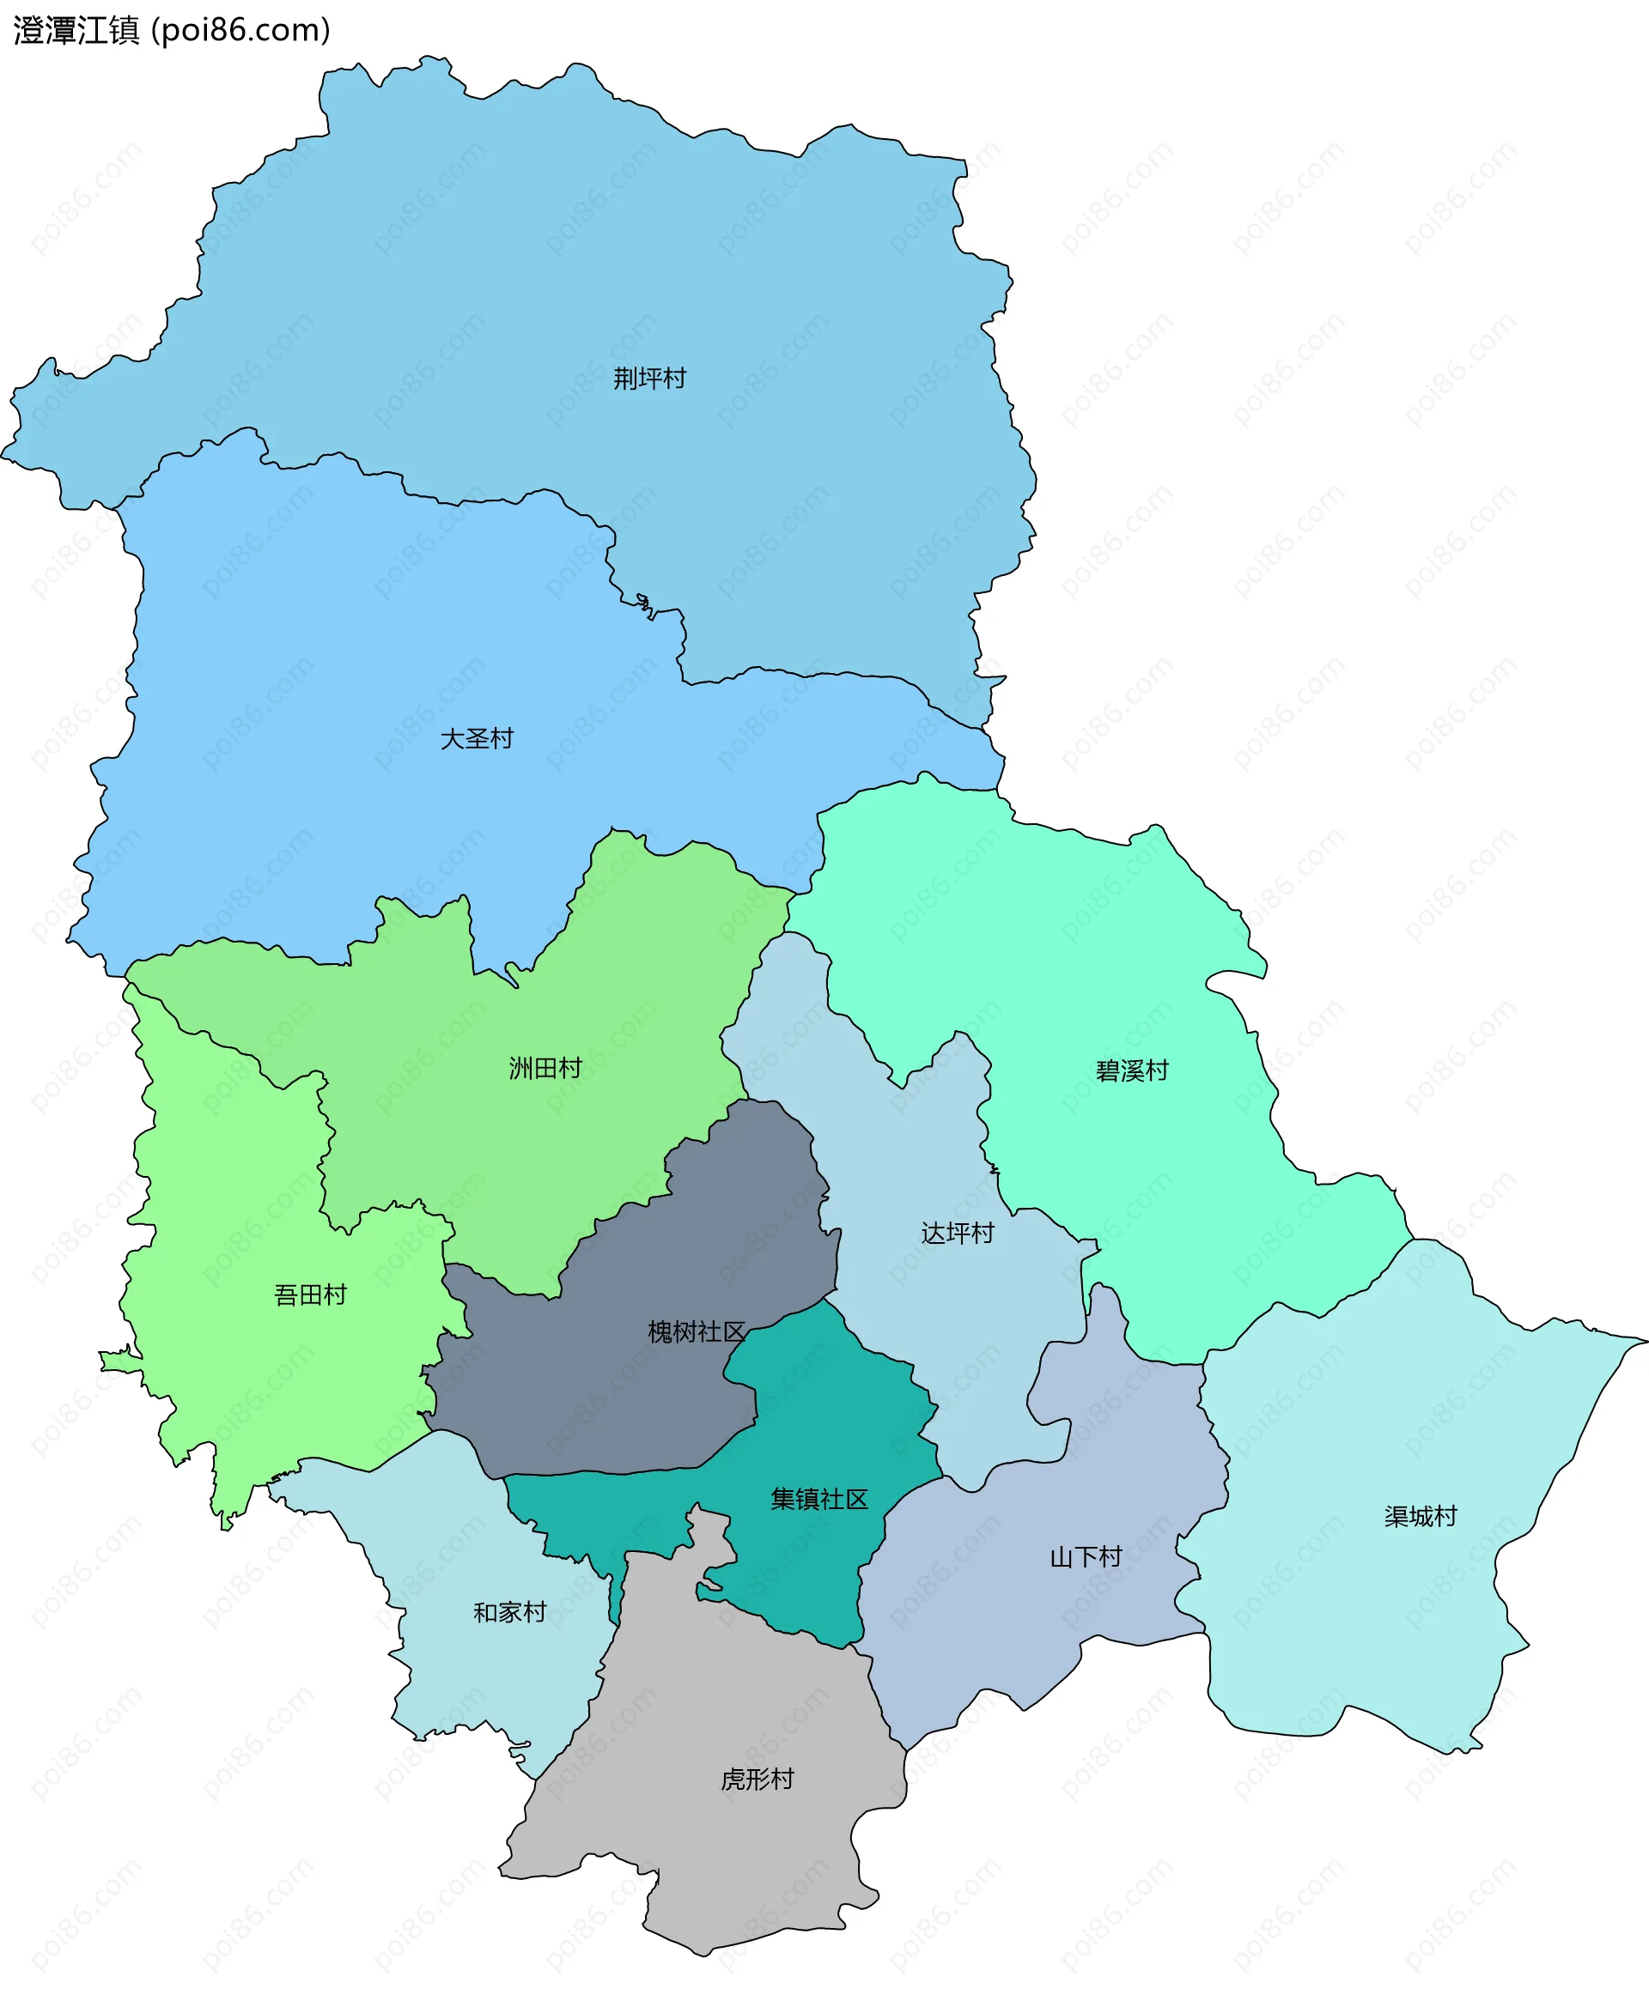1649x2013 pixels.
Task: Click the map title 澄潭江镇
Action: [x=76, y=30]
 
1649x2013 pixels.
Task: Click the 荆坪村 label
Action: [x=649, y=379]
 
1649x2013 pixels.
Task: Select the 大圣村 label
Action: [x=477, y=739]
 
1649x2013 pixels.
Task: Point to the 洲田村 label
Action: [x=545, y=1068]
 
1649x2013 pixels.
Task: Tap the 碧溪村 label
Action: [x=1132, y=1071]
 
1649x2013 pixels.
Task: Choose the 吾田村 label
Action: [x=311, y=1295]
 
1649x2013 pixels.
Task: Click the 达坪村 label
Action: [x=958, y=1234]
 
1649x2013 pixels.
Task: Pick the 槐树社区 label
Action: [x=697, y=1332]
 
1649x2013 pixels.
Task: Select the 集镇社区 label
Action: [x=819, y=1500]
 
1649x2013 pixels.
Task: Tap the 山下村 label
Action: [x=1086, y=1557]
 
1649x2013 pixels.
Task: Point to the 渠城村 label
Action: [x=1420, y=1516]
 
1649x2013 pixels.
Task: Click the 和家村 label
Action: [x=510, y=1612]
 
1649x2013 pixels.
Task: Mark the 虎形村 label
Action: [x=757, y=1780]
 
